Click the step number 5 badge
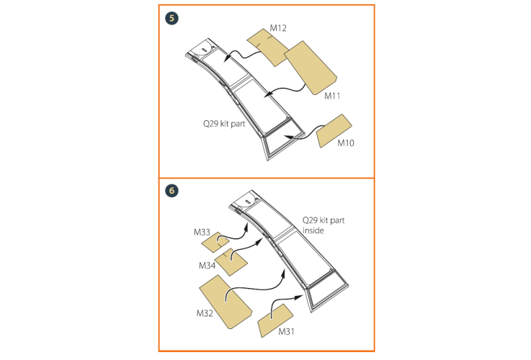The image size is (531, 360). pos(171,18)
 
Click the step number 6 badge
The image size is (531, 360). pos(171,191)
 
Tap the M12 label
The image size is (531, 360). pos(278,28)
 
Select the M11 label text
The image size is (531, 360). pos(332,96)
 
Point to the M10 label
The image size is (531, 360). pos(346,143)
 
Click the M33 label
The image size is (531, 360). pos(202,232)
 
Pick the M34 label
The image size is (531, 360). pos(207,266)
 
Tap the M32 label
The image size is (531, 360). pos(205,313)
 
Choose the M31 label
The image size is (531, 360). pos(286,332)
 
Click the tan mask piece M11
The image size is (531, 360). pos(310,68)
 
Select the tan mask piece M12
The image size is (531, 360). pos(268,48)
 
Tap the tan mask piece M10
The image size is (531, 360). pos(334,130)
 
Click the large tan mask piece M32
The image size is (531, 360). pos(226,302)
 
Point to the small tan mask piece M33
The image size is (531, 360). pos(215,242)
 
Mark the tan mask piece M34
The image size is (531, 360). pos(231,262)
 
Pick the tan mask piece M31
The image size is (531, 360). pos(275,320)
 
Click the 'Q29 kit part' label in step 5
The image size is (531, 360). pos(224,124)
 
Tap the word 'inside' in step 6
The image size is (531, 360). pos(313,230)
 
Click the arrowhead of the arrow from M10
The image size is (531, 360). pos(288,137)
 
